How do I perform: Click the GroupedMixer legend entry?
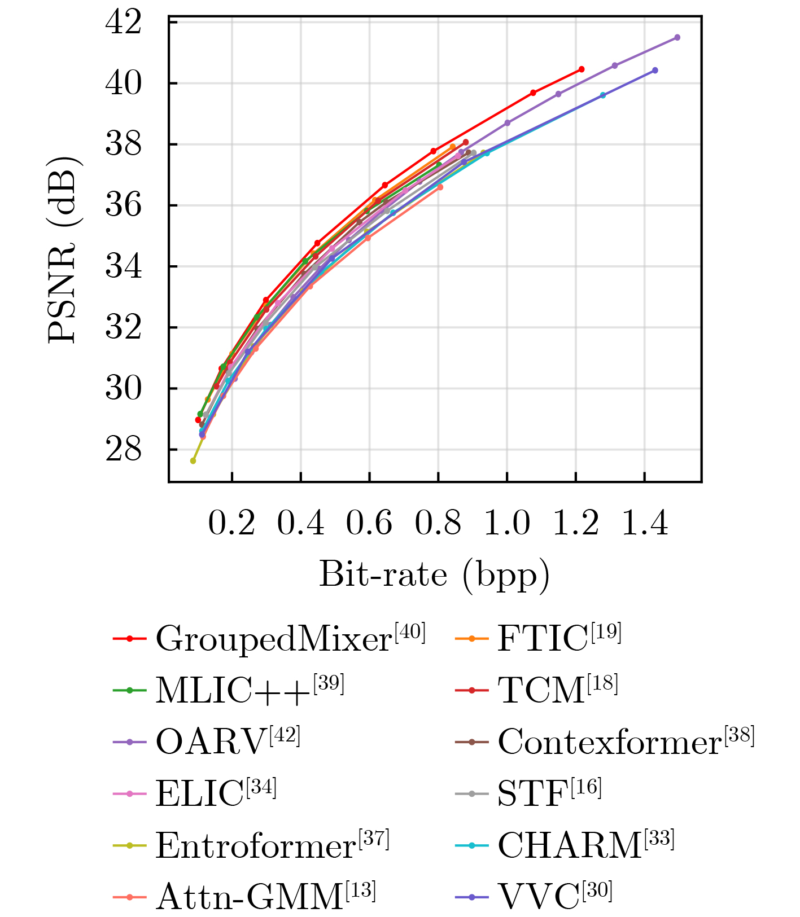click(x=273, y=638)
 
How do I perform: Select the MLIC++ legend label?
click(x=233, y=690)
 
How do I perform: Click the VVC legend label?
click(x=539, y=896)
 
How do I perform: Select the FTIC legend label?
click(x=543, y=638)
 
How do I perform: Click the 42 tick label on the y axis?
click(x=124, y=23)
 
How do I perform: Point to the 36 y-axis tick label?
click(x=124, y=206)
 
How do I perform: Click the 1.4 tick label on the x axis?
click(x=645, y=524)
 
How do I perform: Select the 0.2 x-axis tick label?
click(x=231, y=524)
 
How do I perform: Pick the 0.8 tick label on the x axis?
click(x=438, y=524)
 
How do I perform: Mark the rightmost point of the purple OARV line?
click(x=677, y=37)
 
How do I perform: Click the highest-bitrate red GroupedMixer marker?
click(x=582, y=69)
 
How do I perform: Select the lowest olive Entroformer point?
click(x=193, y=460)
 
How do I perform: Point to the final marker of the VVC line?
click(x=655, y=71)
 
